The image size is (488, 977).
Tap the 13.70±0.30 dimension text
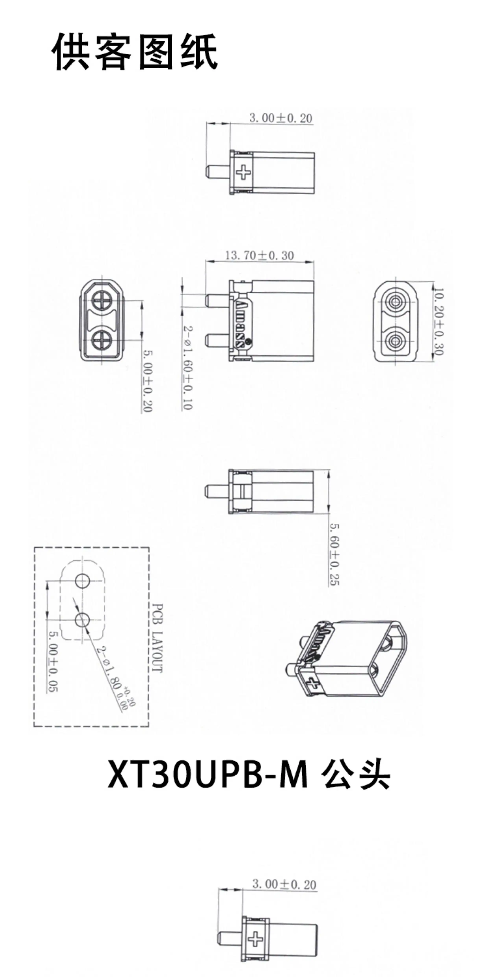(x=260, y=255)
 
